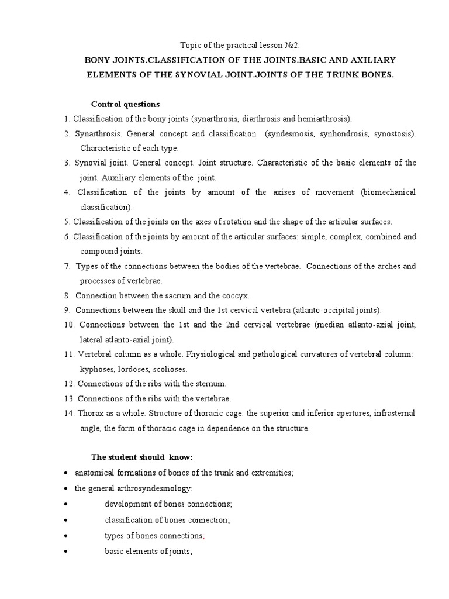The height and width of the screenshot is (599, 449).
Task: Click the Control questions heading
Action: point(125,104)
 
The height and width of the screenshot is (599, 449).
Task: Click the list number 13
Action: point(70,398)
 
